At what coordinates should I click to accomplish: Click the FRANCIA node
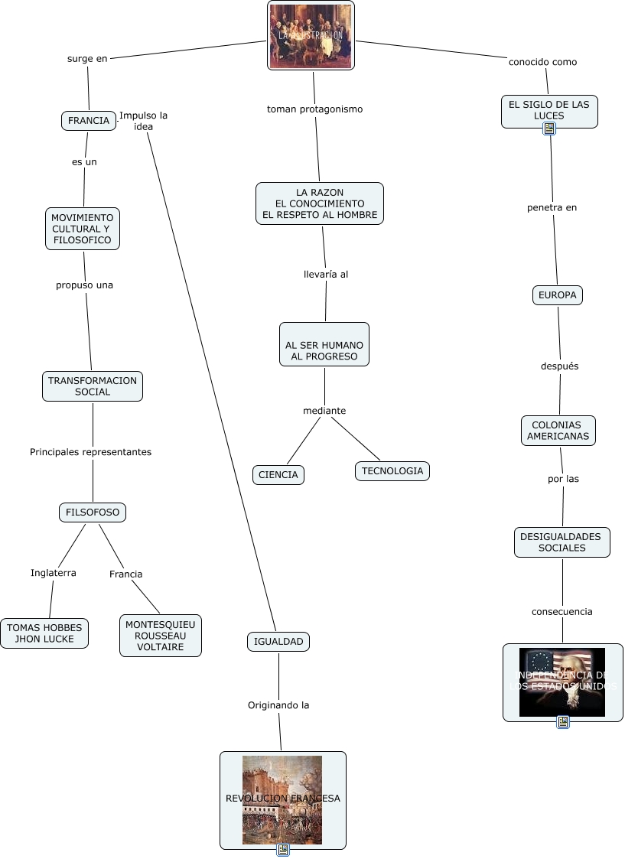coord(88,121)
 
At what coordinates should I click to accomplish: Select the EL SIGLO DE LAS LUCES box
coord(549,109)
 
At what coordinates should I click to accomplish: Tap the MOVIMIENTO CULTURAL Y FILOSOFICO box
coord(82,229)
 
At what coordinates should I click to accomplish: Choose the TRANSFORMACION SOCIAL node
coord(93,386)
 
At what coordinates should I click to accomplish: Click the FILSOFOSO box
coord(93,512)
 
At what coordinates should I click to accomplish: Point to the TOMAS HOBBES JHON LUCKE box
coord(44,633)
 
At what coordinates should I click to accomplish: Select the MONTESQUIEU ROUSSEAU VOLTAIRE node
coord(161,635)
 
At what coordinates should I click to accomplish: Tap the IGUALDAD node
coord(278,641)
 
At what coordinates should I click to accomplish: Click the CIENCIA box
coord(278,474)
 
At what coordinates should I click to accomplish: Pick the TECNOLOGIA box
coord(392,470)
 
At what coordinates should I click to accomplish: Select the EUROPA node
coord(558,294)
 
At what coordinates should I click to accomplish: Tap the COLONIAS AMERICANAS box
coord(558,430)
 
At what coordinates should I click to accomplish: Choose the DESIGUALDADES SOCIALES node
coord(562,542)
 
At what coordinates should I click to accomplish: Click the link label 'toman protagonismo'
coord(314,109)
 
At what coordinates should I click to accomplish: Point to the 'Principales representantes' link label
coord(90,452)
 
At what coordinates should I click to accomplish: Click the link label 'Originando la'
coord(278,705)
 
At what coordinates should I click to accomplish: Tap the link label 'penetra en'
coord(552,207)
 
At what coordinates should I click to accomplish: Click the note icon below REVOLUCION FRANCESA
coord(283,849)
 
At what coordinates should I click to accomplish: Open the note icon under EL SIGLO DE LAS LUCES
coord(549,129)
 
